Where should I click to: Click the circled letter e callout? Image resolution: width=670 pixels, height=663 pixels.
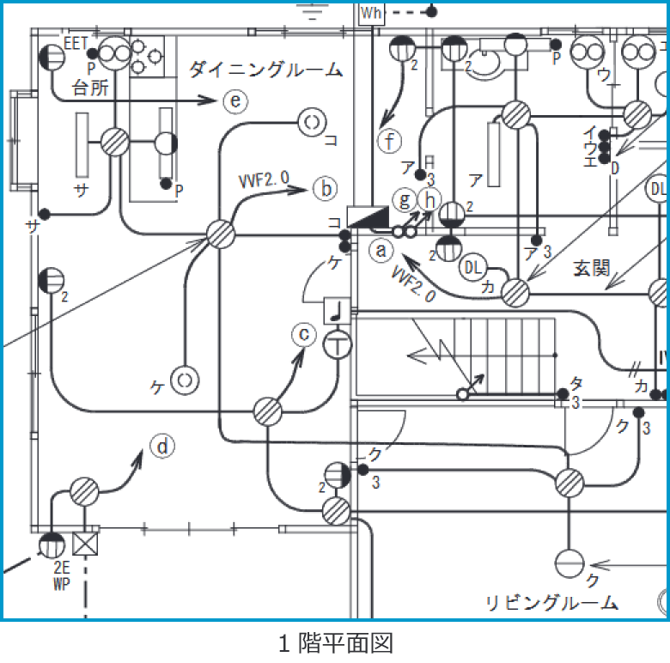(235, 100)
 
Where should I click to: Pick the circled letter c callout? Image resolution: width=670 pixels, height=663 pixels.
(303, 335)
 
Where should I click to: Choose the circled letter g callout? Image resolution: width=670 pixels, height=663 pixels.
(404, 200)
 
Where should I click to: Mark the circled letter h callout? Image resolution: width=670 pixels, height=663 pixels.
(431, 200)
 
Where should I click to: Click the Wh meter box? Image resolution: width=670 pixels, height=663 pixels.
(372, 13)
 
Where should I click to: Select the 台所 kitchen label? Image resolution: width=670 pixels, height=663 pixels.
(91, 87)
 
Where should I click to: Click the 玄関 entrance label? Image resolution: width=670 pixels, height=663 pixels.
(591, 269)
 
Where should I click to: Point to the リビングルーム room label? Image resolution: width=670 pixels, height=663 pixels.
(551, 602)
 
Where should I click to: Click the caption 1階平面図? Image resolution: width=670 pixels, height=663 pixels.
(335, 642)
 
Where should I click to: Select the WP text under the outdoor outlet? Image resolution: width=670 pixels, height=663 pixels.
(60, 585)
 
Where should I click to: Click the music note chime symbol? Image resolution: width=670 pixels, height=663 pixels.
(337, 309)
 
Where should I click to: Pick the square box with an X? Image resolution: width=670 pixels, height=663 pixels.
(83, 544)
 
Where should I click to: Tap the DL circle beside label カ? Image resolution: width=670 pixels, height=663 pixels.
(473, 268)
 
